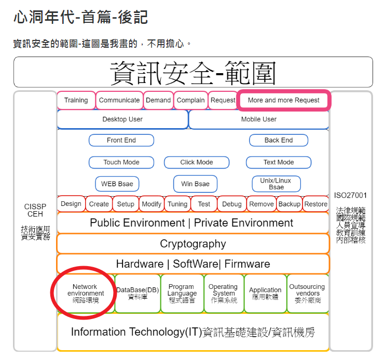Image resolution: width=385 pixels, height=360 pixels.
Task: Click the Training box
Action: [76, 100]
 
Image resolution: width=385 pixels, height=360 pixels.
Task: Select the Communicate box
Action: [119, 100]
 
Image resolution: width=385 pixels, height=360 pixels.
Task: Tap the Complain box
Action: [190, 100]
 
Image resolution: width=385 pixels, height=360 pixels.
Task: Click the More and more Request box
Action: [283, 100]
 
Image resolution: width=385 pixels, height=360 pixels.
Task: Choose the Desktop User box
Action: [122, 119]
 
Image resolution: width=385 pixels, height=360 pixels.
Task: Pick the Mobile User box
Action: [258, 119]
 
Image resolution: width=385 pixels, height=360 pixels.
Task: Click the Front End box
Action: [121, 140]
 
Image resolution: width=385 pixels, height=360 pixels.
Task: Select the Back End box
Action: [279, 140]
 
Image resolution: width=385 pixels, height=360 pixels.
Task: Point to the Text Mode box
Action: [279, 162]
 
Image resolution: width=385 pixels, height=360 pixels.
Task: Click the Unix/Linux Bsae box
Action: [277, 184]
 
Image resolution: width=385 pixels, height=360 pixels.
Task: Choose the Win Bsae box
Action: [195, 184]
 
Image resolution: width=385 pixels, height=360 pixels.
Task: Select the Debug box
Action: [232, 204]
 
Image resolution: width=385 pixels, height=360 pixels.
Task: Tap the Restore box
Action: [316, 204]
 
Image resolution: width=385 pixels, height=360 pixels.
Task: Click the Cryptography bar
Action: [193, 244]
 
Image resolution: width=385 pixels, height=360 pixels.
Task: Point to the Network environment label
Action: [86, 293]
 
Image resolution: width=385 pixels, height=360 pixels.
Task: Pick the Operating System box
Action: [223, 294]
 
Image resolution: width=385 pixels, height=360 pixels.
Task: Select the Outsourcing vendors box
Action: [307, 294]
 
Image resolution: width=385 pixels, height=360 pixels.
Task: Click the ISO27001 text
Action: [350, 196]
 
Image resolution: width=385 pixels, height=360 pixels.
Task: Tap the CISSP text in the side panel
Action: [35, 206]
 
